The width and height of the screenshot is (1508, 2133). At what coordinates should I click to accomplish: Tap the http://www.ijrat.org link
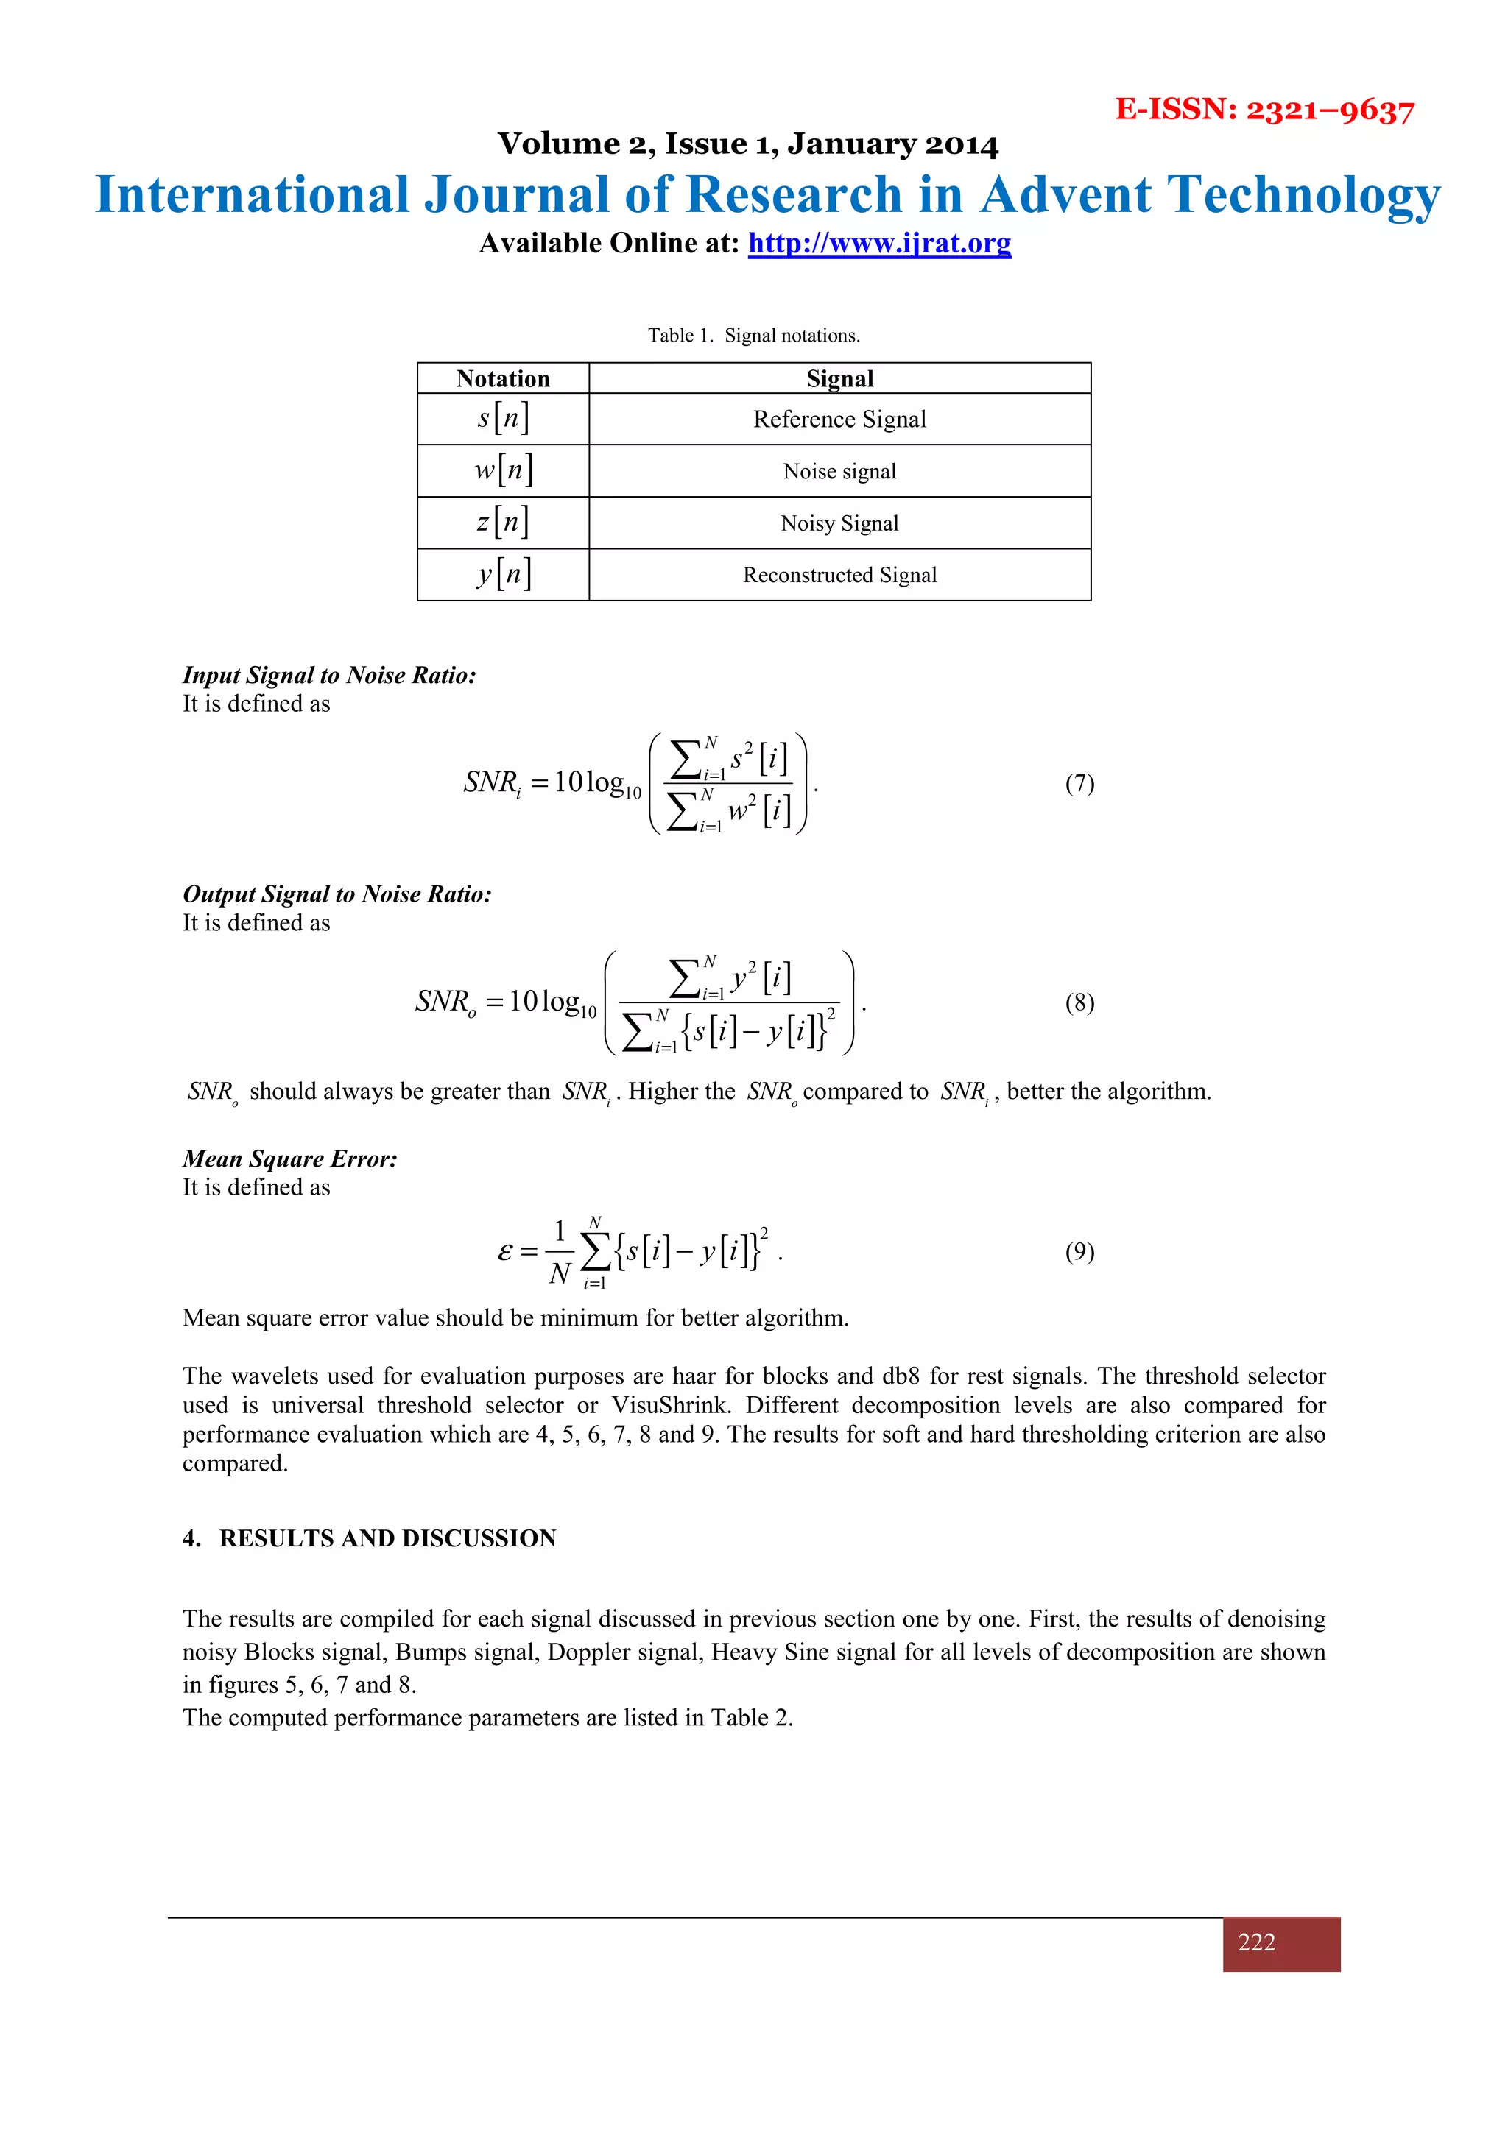879,244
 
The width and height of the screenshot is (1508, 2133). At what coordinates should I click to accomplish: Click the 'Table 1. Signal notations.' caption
753,336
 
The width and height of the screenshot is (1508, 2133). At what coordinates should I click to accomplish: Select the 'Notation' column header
503,378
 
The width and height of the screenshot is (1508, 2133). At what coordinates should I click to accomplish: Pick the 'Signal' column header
839,378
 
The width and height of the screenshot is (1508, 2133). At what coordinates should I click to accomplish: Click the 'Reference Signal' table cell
839,419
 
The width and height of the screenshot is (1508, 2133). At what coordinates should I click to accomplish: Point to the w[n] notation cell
503,470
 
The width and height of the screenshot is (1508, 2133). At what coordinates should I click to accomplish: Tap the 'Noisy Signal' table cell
839,523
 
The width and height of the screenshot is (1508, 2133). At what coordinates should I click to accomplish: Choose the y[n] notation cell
503,574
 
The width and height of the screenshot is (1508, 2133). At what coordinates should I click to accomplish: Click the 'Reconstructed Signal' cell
839,575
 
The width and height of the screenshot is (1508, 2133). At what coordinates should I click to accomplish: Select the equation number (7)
1079,783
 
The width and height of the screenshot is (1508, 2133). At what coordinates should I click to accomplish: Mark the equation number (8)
1079,1002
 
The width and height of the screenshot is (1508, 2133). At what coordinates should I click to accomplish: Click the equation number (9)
1079,1251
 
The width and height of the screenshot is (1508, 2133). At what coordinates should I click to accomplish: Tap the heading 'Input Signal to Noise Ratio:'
329,676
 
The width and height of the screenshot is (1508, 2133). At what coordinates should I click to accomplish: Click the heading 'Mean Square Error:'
290,1159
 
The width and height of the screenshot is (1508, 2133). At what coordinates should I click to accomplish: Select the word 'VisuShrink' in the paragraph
668,1404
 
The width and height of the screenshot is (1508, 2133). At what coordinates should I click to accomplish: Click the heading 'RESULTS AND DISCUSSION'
387,1538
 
